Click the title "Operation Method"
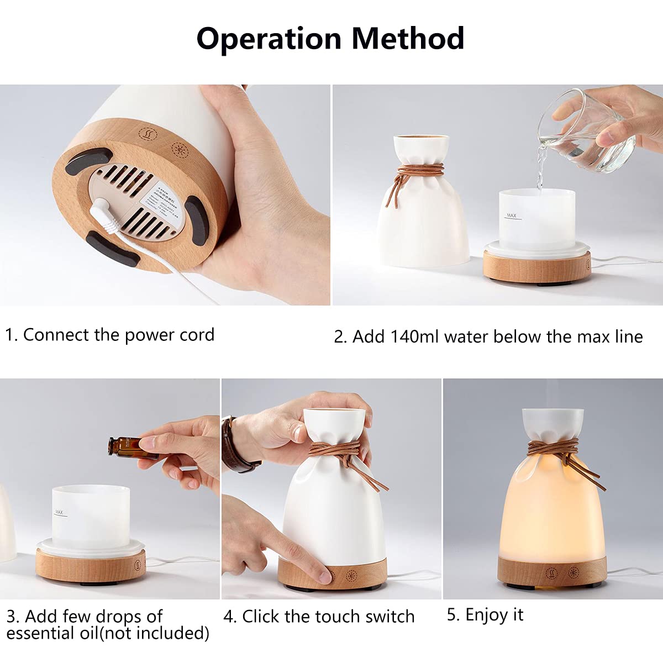(x=330, y=39)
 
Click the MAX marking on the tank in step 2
(x=512, y=215)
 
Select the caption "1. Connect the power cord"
(x=109, y=335)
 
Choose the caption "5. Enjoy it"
(x=485, y=614)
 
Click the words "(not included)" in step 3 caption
(x=154, y=633)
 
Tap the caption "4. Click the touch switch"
(x=319, y=616)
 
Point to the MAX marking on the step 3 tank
(x=59, y=513)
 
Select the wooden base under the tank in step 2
(x=536, y=265)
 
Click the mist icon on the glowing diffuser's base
(x=551, y=572)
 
